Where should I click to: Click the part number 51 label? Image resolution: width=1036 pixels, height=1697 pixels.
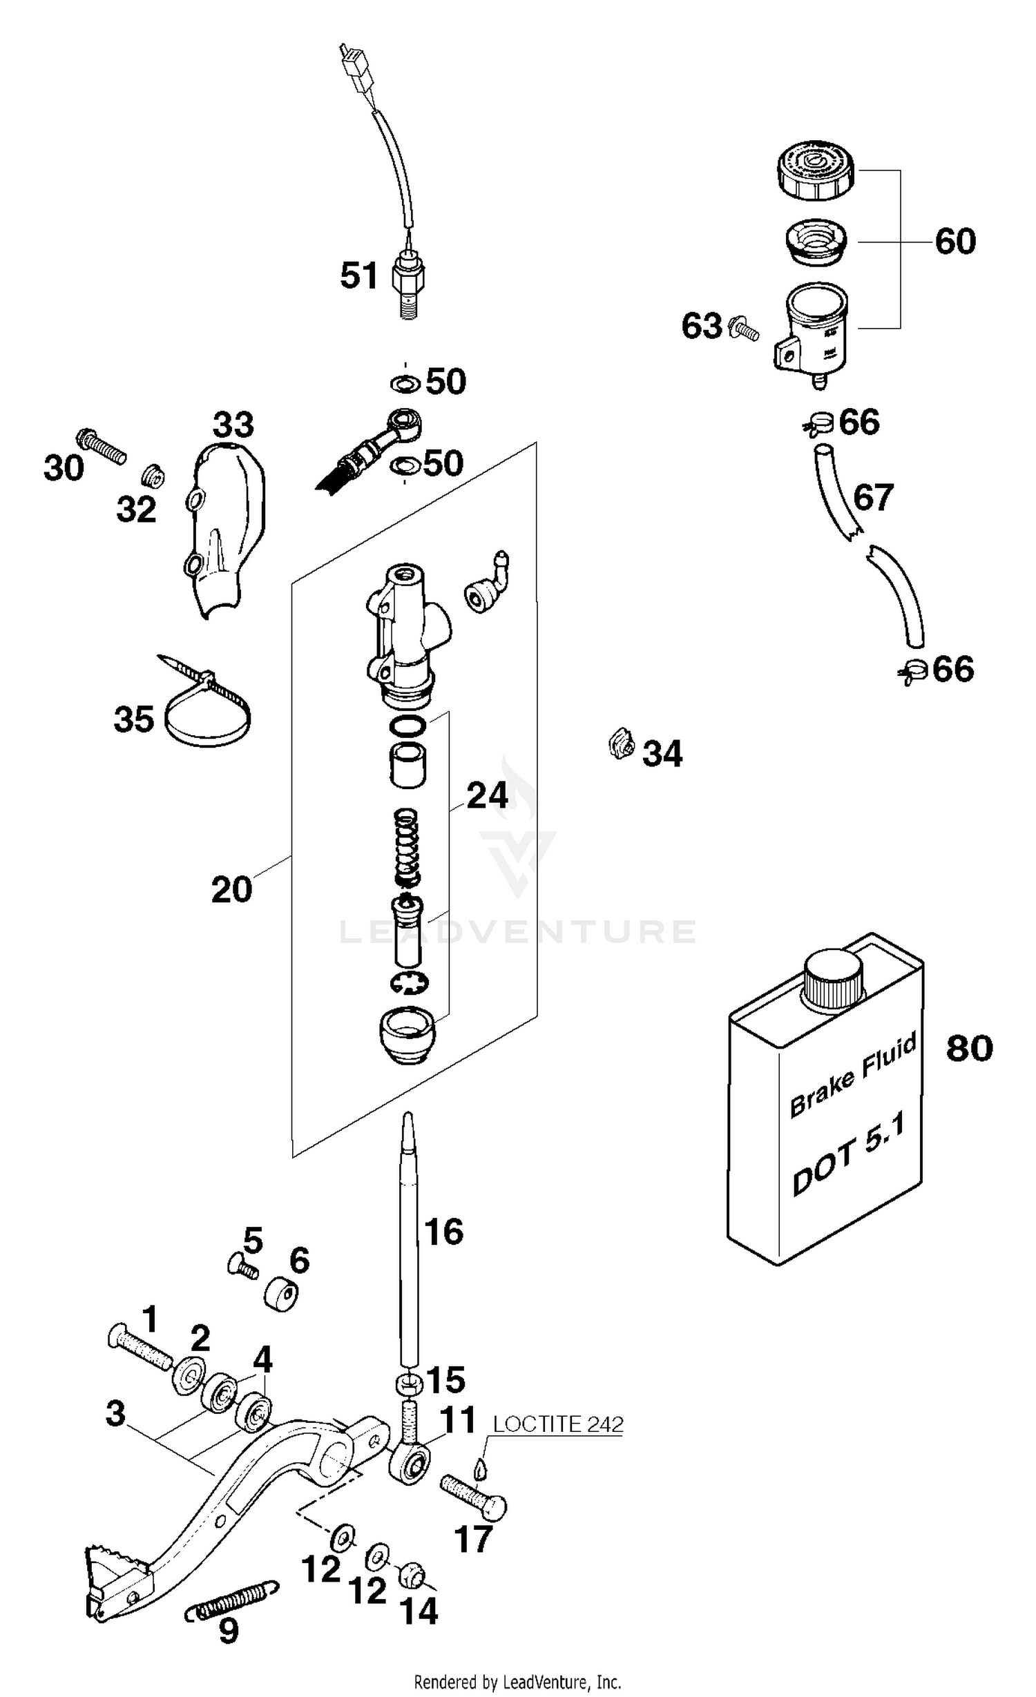click(359, 275)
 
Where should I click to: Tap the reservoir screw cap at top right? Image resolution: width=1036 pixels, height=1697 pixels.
click(815, 170)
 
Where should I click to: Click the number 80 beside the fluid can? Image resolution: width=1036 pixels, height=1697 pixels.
click(969, 1048)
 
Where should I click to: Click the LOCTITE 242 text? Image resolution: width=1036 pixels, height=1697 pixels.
click(557, 1425)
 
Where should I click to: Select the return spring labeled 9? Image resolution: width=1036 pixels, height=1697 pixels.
click(233, 1607)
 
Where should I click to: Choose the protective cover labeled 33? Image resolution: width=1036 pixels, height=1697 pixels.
click(220, 532)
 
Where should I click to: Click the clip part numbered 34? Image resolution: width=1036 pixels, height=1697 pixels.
click(622, 744)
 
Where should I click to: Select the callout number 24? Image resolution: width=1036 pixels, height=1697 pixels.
click(488, 795)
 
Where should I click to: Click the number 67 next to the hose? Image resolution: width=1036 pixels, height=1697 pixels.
click(874, 497)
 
